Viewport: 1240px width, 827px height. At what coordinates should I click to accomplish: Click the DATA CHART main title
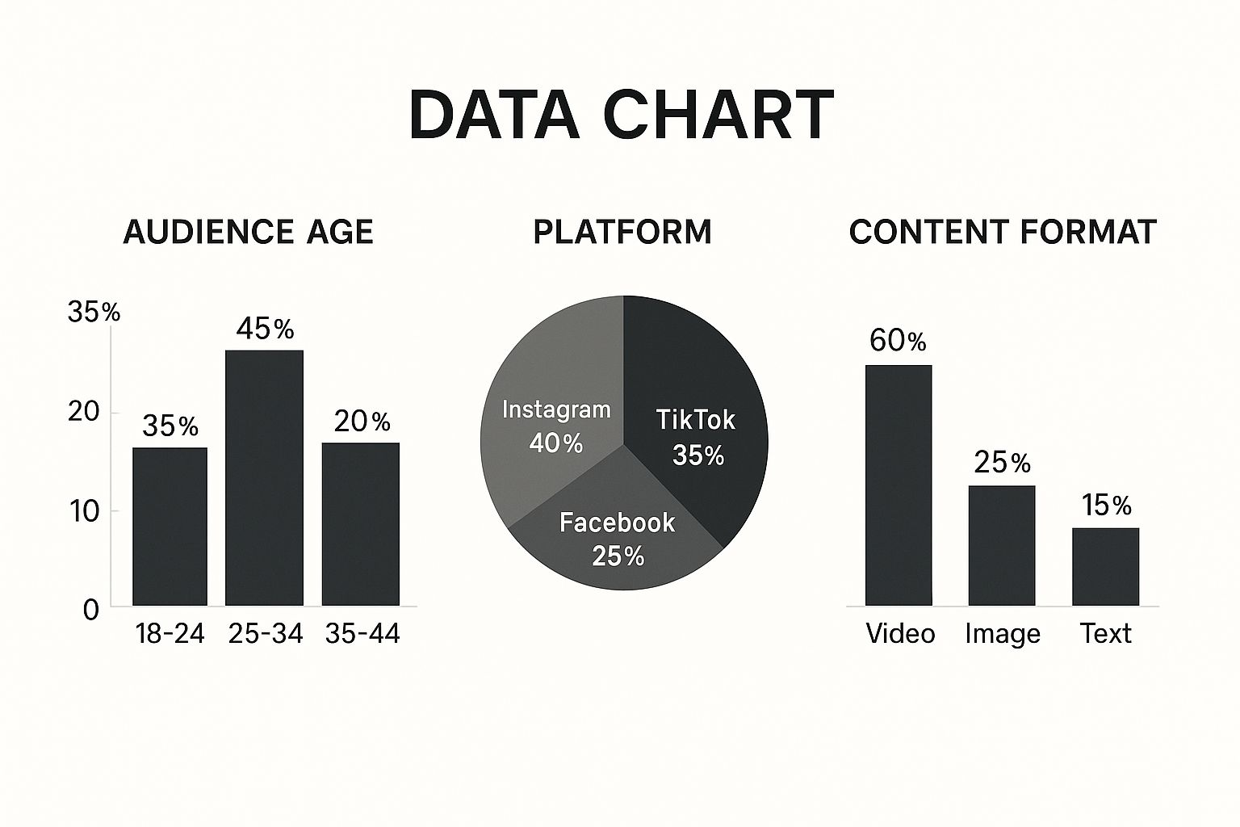pos(620,114)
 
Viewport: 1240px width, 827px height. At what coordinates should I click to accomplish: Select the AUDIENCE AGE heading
pos(248,232)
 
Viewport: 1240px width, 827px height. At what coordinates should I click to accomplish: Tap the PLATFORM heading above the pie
pos(622,232)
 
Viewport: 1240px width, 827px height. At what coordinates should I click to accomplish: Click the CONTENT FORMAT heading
pos(1002,232)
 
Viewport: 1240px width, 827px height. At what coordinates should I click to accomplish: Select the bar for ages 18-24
pos(170,527)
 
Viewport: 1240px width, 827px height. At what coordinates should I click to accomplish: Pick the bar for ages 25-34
pos(264,478)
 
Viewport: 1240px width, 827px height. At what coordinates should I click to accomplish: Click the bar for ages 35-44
pos(360,524)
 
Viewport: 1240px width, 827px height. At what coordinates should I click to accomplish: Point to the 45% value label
pos(265,329)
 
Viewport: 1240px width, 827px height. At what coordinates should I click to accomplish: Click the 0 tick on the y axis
pos(91,610)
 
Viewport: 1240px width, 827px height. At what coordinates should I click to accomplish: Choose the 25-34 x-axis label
pos(265,634)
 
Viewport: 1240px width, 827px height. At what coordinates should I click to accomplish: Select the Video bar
pos(899,485)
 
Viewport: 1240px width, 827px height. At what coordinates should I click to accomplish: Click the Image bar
pos(1002,545)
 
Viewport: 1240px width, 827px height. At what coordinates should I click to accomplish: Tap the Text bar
pos(1105,566)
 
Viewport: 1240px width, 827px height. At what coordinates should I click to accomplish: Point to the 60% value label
pos(898,341)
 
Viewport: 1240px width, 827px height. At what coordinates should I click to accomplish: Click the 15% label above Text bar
pos(1106,506)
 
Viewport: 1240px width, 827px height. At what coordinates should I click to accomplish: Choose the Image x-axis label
pos(1002,634)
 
